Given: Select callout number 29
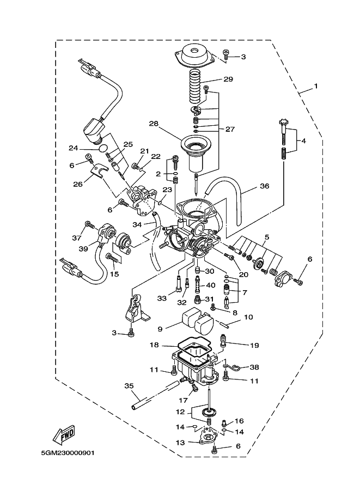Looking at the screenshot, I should tap(228, 79).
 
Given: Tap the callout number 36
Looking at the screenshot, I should tap(264, 186).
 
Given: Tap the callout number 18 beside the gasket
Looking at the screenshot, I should tap(154, 345).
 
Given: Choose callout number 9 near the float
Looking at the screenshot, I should tap(160, 329).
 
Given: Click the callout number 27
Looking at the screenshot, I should tap(229, 129).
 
